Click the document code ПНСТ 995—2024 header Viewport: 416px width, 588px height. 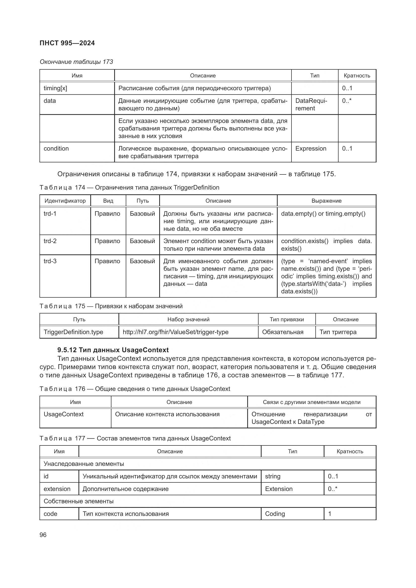click(x=67, y=43)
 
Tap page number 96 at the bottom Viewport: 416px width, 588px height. click(x=43, y=535)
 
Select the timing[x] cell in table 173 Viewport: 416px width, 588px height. click(x=55, y=88)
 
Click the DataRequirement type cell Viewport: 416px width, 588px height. click(x=311, y=105)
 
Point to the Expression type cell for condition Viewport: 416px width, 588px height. click(x=311, y=149)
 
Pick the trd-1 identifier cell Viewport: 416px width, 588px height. click(x=50, y=214)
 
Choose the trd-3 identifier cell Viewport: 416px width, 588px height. click(x=50, y=261)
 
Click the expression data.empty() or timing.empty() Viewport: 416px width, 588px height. click(x=323, y=214)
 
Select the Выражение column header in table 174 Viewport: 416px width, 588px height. click(x=326, y=201)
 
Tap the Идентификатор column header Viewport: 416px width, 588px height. click(x=65, y=201)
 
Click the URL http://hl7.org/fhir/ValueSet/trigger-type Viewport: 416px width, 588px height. click(x=176, y=332)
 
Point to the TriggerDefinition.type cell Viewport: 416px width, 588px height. click(x=73, y=332)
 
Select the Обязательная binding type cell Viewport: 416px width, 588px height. click(x=282, y=332)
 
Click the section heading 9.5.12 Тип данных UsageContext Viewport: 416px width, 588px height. click(x=113, y=350)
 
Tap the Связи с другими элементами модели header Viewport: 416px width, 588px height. click(x=311, y=402)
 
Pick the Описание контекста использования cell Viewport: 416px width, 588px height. click(x=167, y=414)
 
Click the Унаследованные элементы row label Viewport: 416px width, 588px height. click(x=84, y=464)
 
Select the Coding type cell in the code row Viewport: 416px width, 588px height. click(x=275, y=514)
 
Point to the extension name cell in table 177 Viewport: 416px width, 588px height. click(x=57, y=489)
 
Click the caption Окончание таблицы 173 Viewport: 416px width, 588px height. click(x=76, y=62)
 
